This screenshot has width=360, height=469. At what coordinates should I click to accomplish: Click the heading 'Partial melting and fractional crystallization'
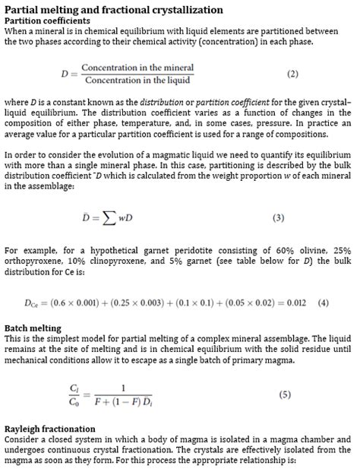[x=114, y=10]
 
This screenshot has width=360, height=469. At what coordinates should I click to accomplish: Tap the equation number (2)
[x=292, y=74]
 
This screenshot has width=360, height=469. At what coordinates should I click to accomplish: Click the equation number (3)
[x=278, y=218]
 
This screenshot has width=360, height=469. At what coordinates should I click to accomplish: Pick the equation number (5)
[x=285, y=395]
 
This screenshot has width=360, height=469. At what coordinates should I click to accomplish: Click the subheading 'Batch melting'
[x=33, y=328]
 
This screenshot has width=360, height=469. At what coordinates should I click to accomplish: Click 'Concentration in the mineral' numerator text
[x=137, y=68]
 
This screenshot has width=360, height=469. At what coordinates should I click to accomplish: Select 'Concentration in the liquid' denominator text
[x=137, y=81]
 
